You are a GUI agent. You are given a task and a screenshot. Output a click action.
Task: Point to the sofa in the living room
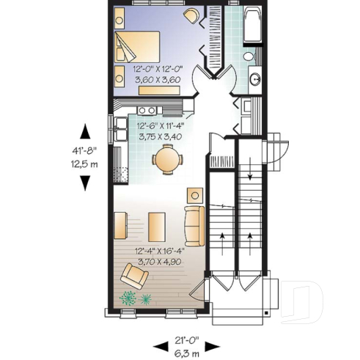[x=194, y=225]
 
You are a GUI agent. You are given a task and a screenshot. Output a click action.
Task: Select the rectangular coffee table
[x=156, y=225]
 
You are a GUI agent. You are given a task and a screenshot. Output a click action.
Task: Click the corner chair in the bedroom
[x=190, y=17]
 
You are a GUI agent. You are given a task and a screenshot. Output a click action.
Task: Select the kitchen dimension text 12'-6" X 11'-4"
[x=159, y=125]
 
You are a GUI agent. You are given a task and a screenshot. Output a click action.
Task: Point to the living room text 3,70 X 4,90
[x=159, y=260]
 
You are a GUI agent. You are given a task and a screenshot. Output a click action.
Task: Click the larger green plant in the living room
[x=129, y=298]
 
